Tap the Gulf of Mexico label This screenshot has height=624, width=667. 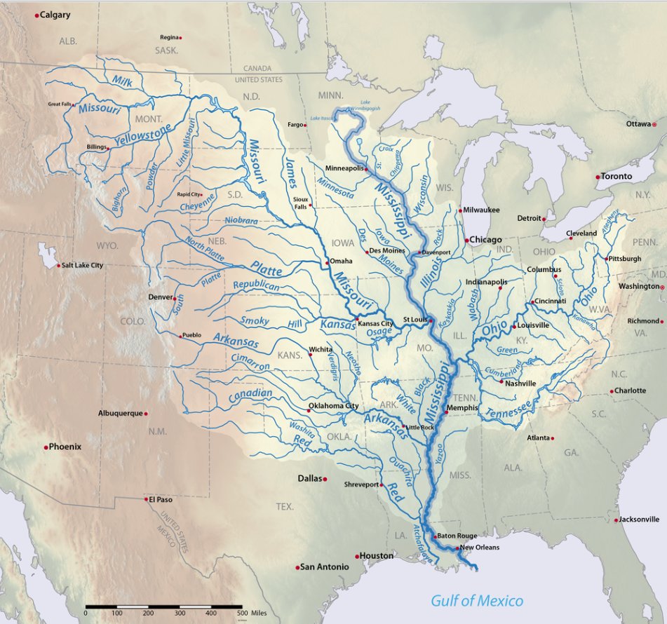coord(477,600)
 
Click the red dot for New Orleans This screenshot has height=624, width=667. coord(457,548)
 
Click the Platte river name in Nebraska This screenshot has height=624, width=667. coord(265,269)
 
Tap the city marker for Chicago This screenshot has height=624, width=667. coord(466,240)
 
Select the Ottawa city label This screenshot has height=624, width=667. coord(638,124)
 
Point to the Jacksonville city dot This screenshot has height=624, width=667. coord(615,520)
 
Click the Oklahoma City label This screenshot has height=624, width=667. coord(334,406)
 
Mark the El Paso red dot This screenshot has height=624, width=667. coord(146,499)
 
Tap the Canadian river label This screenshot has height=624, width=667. coord(250,396)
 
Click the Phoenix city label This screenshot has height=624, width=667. coord(65,447)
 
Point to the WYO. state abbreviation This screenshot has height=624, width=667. coord(108,246)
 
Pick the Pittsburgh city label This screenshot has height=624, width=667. coord(625,259)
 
